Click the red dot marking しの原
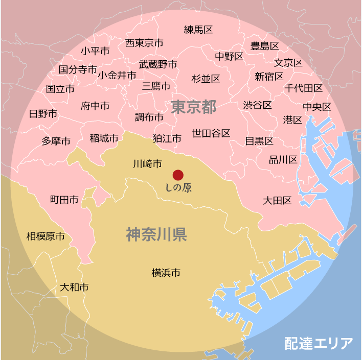[178, 175]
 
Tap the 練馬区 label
[198, 30]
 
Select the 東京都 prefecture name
[194, 107]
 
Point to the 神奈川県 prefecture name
[156, 234]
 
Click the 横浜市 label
[166, 273]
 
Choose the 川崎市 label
[147, 164]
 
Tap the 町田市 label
[64, 200]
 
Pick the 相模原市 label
[46, 236]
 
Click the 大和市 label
[74, 287]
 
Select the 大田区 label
[277, 201]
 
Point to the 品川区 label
[283, 160]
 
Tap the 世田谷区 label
[211, 133]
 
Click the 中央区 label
[317, 107]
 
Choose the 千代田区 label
[304, 88]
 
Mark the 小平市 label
[95, 51]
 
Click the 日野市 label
[43, 113]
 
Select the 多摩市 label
[56, 141]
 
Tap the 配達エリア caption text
[319, 343]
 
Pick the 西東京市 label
[144, 43]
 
